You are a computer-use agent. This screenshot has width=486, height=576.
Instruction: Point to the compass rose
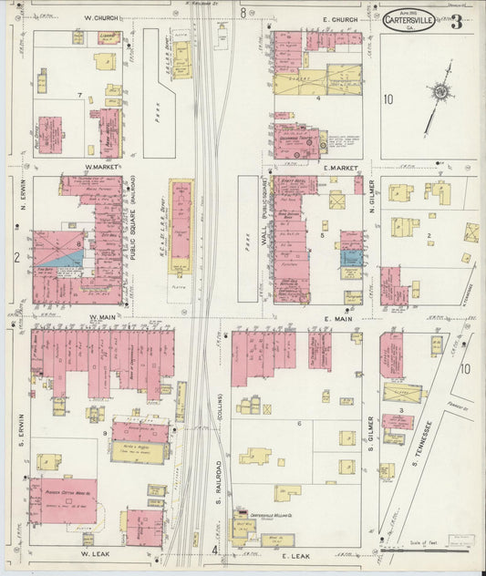point(441,92)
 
